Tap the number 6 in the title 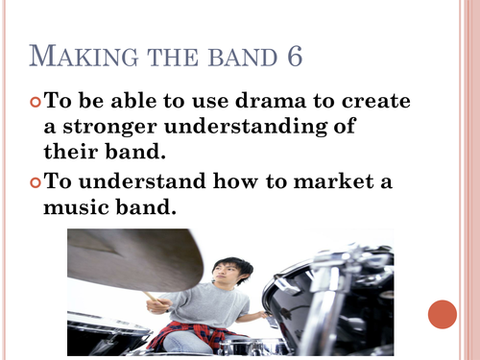pyautogui.click(x=292, y=56)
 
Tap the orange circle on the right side pyautogui.click(x=443, y=314)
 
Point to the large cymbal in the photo pyautogui.click(x=134, y=257)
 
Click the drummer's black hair pyautogui.click(x=228, y=262)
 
